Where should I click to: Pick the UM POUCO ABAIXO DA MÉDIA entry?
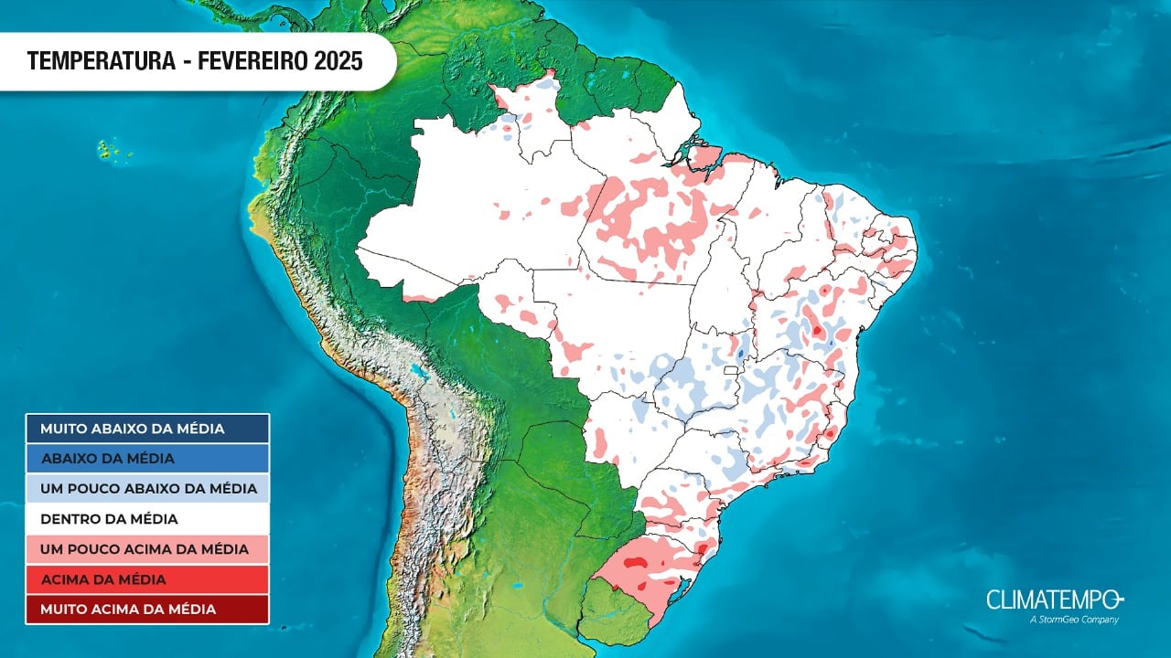[x=147, y=488]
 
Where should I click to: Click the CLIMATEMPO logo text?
[x=1053, y=600]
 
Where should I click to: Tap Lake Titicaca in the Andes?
[x=422, y=373]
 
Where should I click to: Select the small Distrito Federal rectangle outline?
[x=729, y=371]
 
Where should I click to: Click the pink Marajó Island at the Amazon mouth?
[x=704, y=156]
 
